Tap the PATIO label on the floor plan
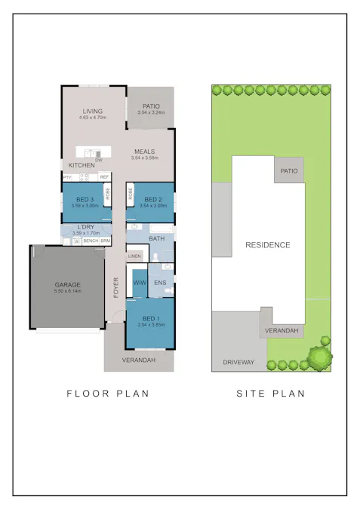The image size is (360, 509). [150, 106]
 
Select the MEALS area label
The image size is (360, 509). [145, 152]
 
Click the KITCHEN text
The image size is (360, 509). [82, 165]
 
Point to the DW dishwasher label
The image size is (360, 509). [98, 160]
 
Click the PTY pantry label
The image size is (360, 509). [67, 177]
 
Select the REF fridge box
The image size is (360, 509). [104, 177]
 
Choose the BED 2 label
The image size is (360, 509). [154, 199]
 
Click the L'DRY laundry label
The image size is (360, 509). [85, 227]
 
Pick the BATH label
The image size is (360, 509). [155, 238]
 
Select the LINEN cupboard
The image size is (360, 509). [134, 256]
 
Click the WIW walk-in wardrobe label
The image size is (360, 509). [139, 282]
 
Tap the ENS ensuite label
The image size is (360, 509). [160, 283]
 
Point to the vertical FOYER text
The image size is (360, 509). [116, 287]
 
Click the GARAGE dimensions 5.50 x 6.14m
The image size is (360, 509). [67, 290]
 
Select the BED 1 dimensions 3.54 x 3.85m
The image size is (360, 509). [150, 325]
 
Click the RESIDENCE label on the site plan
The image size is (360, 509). [267, 245]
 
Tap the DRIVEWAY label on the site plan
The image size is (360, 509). [238, 363]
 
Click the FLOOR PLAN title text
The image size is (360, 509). [108, 394]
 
